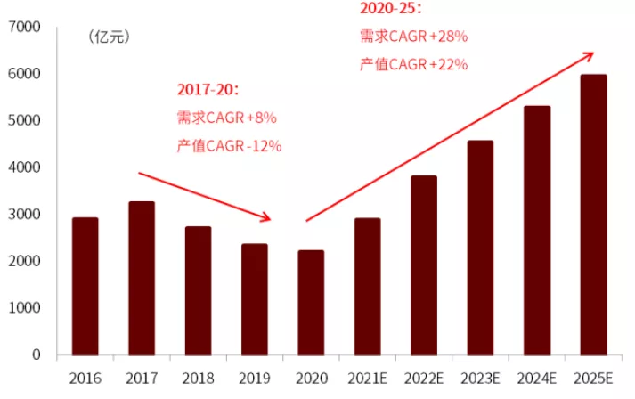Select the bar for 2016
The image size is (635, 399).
click(x=85, y=286)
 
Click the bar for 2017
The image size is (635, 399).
click(x=142, y=278)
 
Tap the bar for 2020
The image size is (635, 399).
click(x=311, y=303)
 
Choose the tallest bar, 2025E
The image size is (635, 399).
click(x=593, y=215)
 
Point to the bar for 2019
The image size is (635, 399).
click(x=255, y=299)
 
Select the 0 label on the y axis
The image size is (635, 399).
click(x=37, y=355)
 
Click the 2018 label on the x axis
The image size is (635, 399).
click(x=198, y=378)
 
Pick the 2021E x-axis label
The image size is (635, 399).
click(x=367, y=378)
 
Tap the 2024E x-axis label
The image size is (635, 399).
click(x=536, y=378)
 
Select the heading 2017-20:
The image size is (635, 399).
click(x=208, y=90)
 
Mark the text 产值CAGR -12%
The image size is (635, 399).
click(x=230, y=145)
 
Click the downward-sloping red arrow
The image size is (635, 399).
click(x=204, y=196)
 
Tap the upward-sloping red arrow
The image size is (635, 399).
click(x=449, y=136)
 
